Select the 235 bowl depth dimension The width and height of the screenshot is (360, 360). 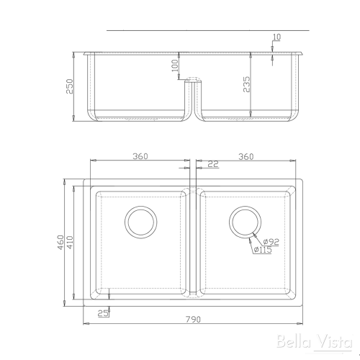(x=246, y=85)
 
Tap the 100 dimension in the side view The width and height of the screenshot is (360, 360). (x=174, y=66)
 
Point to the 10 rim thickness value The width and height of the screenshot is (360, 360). (x=277, y=37)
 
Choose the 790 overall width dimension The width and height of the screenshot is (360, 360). (x=192, y=319)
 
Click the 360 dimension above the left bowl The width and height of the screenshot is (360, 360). (x=141, y=157)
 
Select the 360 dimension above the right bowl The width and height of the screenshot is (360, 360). (x=246, y=157)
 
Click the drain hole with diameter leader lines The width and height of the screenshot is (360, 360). (x=244, y=222)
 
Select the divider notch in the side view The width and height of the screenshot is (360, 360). (x=192, y=84)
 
